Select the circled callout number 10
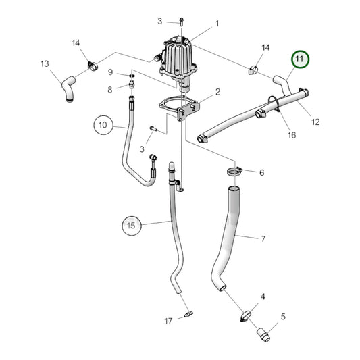(103, 124)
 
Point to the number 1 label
(217, 24)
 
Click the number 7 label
(263, 238)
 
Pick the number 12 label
(315, 122)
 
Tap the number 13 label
(45, 64)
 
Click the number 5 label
(283, 316)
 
